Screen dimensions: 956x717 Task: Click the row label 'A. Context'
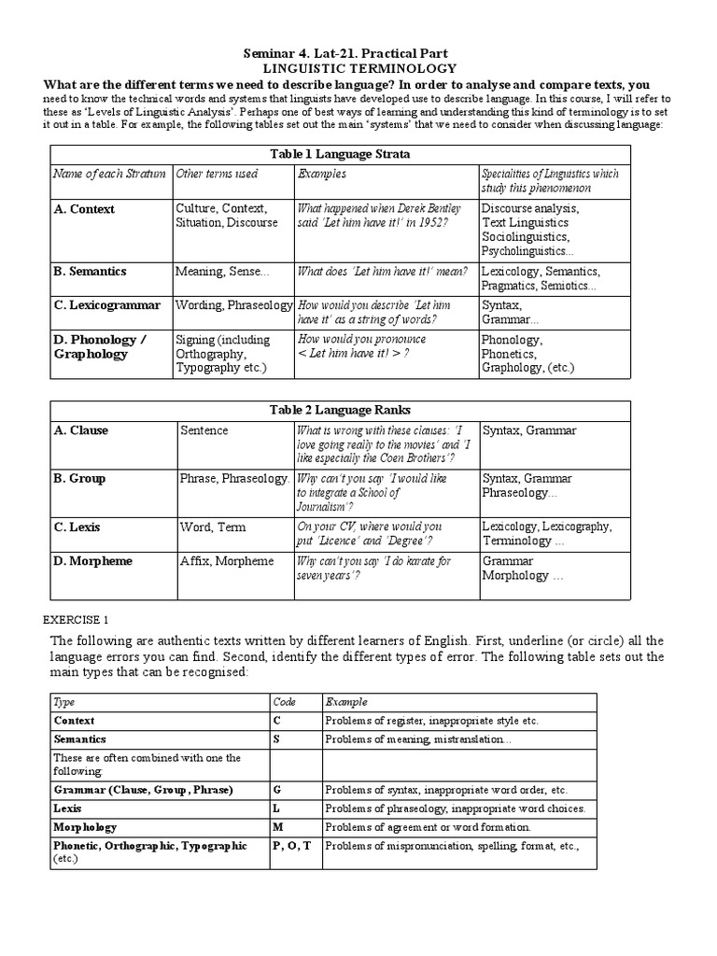pyautogui.click(x=85, y=209)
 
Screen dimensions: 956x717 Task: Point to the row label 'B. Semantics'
pyautogui.click(x=91, y=272)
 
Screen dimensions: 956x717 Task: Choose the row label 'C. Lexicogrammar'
pyautogui.click(x=107, y=305)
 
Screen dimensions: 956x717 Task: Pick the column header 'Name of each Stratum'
pyautogui.click(x=109, y=174)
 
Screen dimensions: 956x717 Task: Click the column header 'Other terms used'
pyautogui.click(x=217, y=174)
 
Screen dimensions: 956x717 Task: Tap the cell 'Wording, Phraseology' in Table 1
pyautogui.click(x=233, y=305)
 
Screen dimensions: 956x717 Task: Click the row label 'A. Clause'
pyautogui.click(x=81, y=430)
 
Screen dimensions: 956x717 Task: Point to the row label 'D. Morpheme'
pyautogui.click(x=93, y=561)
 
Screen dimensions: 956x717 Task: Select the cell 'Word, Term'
pyautogui.click(x=213, y=527)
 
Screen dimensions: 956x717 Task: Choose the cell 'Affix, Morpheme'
pyautogui.click(x=227, y=561)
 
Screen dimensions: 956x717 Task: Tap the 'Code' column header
pyautogui.click(x=284, y=702)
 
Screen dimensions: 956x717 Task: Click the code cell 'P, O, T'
pyautogui.click(x=292, y=846)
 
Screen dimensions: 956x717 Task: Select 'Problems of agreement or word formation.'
pyautogui.click(x=428, y=827)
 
